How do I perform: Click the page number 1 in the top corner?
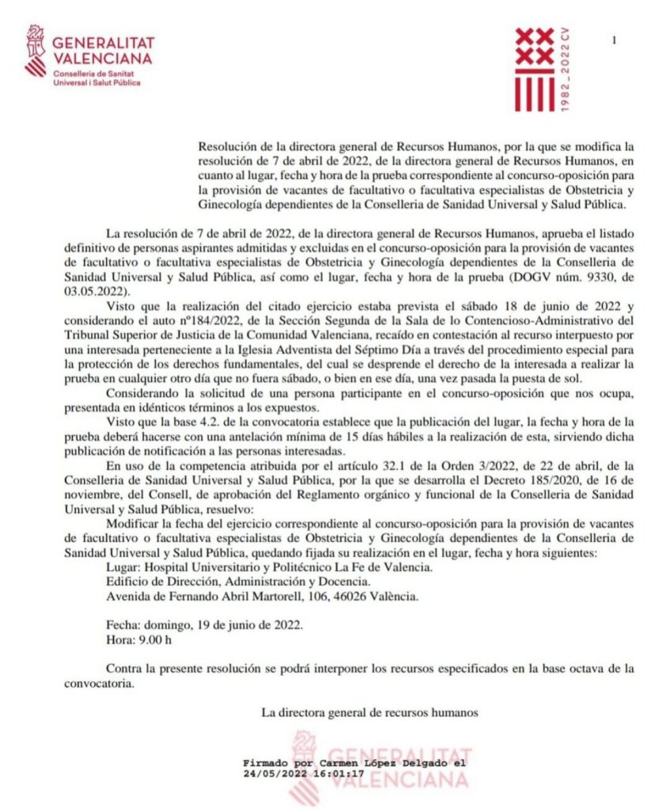point(615,40)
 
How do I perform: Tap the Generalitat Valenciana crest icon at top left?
point(36,50)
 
